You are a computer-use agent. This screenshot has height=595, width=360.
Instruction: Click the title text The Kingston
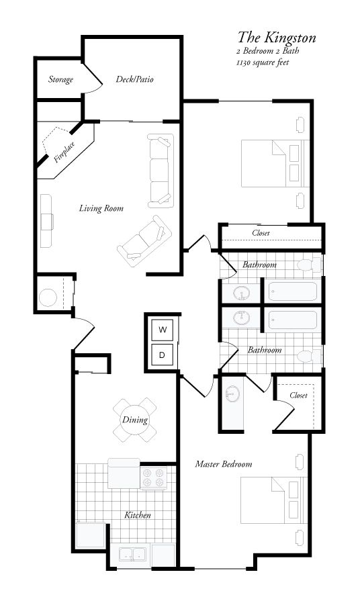tap(276, 37)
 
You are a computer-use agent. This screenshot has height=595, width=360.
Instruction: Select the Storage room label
tap(60, 80)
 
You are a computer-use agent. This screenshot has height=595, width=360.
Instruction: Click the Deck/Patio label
tap(134, 79)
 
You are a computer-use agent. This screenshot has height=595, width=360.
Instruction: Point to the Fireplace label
tap(64, 152)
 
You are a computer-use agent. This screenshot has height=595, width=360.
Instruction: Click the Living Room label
tap(101, 208)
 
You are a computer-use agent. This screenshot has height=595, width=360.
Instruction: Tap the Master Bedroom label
tap(223, 464)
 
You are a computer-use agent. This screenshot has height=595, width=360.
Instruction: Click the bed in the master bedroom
tap(270, 500)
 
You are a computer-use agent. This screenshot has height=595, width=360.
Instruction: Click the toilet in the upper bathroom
tap(310, 264)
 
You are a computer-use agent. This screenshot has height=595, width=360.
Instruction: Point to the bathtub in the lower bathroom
tap(291, 320)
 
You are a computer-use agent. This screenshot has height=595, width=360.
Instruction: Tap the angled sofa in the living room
tap(144, 239)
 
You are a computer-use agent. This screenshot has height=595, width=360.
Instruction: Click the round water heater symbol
tap(48, 296)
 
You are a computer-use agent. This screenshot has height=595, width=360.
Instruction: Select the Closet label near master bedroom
tap(298, 396)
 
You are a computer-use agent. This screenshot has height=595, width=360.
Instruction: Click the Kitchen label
tap(137, 516)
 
